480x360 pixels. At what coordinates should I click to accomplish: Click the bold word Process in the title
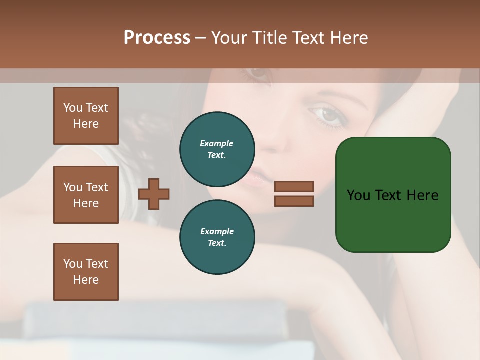tap(157, 37)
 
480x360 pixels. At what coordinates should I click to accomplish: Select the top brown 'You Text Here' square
tap(86, 116)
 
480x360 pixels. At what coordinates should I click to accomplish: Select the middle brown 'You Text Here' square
tap(86, 195)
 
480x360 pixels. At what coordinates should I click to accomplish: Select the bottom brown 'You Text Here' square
tap(86, 271)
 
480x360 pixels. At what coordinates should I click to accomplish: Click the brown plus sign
tap(154, 194)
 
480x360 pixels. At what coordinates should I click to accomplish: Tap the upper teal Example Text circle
tap(217, 149)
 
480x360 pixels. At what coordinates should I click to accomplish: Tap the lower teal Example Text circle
tap(217, 237)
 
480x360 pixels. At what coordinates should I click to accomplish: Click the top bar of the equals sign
tap(294, 186)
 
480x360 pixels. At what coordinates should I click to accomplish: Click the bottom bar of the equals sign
tap(294, 201)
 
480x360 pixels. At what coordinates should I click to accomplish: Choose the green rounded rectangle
tap(393, 220)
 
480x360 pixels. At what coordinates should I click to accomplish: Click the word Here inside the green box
tap(422, 195)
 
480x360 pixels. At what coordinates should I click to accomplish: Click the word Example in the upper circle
tap(217, 143)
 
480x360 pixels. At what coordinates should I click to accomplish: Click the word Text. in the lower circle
tap(217, 243)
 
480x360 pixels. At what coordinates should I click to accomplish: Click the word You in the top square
tap(73, 108)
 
